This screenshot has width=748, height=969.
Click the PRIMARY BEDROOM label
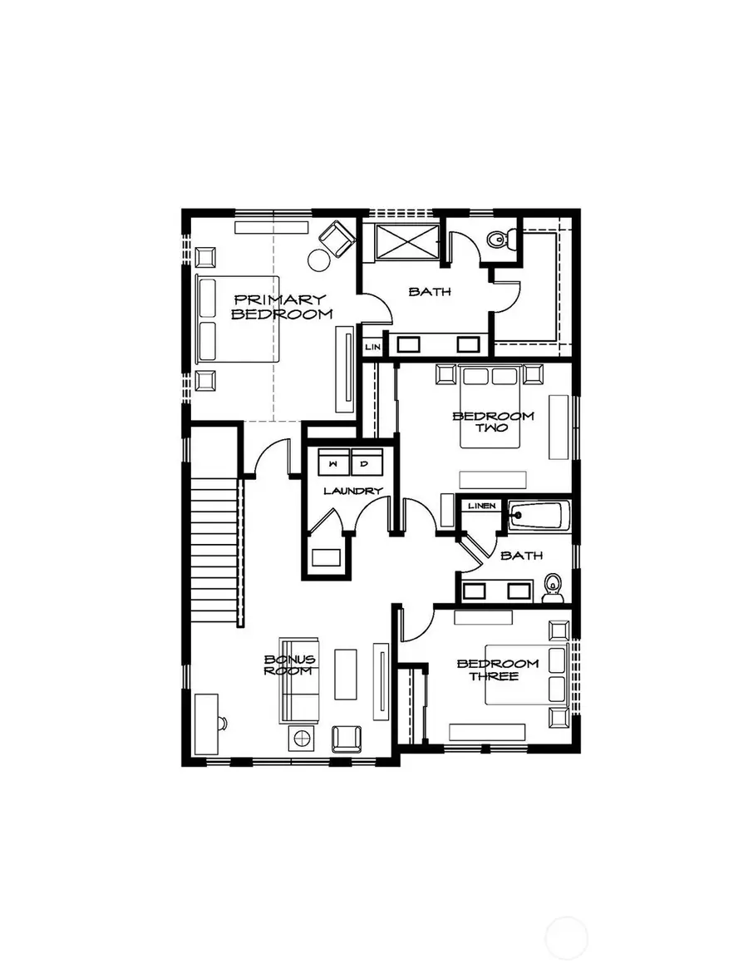pos(281,306)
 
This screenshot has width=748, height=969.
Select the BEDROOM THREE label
pos(497,670)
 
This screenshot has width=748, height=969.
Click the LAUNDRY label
pos(352,491)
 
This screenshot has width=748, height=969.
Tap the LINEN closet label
pos(481,506)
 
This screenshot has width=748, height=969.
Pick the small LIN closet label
pos(372,345)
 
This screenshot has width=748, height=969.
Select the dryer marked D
pos(364,462)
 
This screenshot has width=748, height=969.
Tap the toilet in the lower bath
pos(551,589)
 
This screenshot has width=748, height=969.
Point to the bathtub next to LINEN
pos(539,516)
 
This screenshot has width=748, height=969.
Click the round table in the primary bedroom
pos(319,260)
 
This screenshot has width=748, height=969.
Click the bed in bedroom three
pos(525,675)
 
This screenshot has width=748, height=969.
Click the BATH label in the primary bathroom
pos(429,292)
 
